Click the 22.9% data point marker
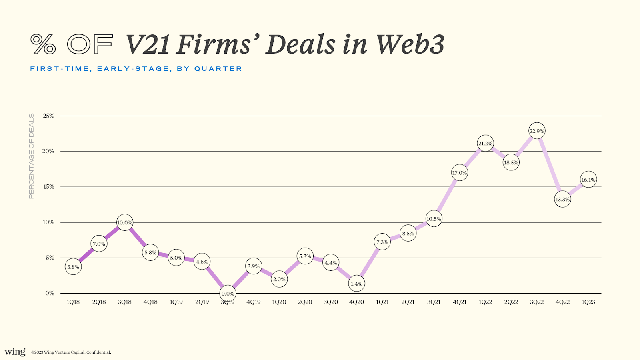(537, 131)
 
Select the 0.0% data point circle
(228, 294)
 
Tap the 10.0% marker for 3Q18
(124, 222)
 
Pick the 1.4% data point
(356, 284)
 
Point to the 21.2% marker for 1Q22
(485, 143)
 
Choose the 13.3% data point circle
(562, 199)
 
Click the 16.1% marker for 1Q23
(588, 180)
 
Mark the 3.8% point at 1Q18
(73, 266)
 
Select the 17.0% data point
(460, 172)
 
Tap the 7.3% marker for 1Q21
(382, 242)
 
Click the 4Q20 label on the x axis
(356, 302)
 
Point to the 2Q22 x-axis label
(511, 302)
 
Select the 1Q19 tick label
(176, 302)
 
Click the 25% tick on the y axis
(48, 116)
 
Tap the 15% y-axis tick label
(48, 186)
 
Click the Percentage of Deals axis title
(32, 156)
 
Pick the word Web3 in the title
(410, 44)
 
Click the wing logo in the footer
(15, 352)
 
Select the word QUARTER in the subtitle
(218, 68)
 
